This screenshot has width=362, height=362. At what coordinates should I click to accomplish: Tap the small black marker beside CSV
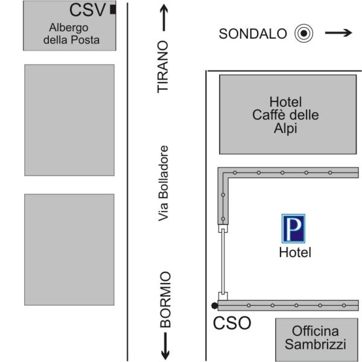[113, 9]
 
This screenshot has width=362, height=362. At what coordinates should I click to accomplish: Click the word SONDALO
[252, 34]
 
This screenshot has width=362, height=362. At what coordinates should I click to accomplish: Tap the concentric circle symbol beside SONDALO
[304, 33]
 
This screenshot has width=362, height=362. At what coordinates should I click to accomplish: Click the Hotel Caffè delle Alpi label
[285, 115]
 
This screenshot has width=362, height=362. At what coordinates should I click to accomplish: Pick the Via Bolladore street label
[164, 183]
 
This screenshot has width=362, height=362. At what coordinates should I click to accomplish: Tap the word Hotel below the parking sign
[294, 252]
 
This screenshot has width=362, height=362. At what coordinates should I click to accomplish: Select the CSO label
[232, 323]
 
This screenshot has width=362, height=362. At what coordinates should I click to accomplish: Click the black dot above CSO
[214, 306]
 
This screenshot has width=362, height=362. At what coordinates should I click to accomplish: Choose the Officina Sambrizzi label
[316, 338]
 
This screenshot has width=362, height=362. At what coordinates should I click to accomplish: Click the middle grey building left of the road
[69, 120]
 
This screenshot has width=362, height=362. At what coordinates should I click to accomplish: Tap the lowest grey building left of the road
[69, 249]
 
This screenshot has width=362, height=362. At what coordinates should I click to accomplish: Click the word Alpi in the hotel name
[285, 129]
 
